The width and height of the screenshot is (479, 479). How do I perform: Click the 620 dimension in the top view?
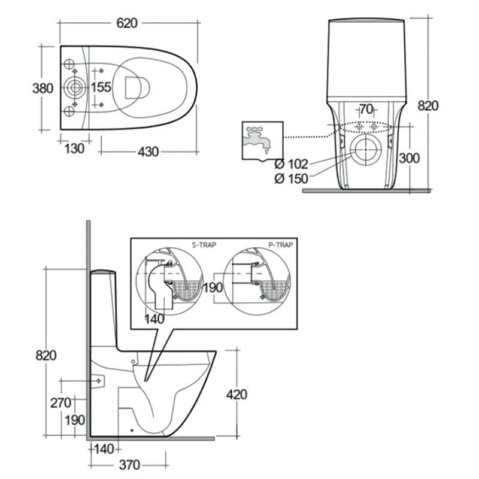click(x=127, y=23)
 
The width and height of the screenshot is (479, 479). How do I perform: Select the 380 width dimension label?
click(x=43, y=88)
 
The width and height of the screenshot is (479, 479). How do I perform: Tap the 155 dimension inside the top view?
click(x=101, y=87)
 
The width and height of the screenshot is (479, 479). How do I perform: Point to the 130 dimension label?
click(x=74, y=148)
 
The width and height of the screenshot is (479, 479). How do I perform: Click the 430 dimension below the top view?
click(x=148, y=151)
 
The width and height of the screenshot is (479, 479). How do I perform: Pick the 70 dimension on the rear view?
click(x=366, y=109)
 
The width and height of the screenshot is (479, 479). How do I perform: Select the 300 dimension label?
click(x=410, y=158)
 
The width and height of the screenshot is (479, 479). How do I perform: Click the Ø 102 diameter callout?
click(x=291, y=164)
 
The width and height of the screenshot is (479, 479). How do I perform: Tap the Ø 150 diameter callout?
click(x=291, y=178)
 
